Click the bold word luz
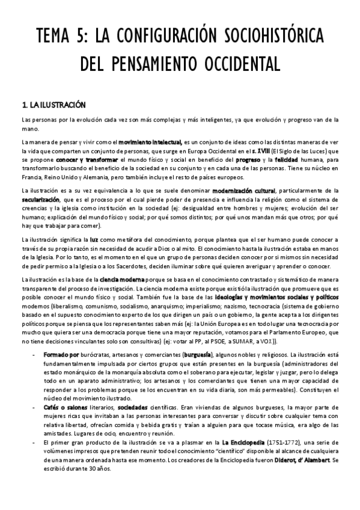(94, 241)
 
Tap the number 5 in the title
(82, 35)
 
